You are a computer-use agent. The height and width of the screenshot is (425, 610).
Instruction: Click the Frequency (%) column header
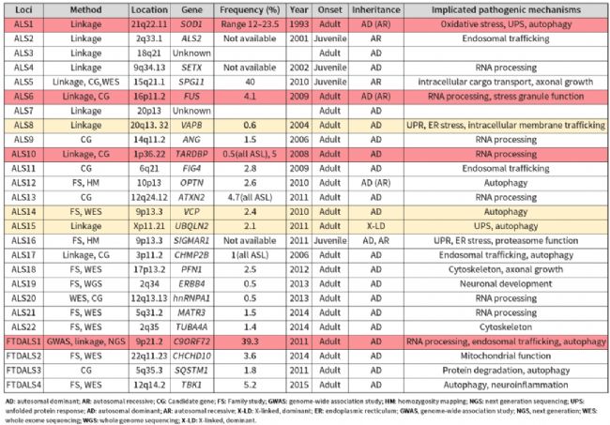pyautogui.click(x=250, y=10)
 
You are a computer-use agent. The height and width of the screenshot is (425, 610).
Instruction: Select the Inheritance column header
pyautogui.click(x=376, y=10)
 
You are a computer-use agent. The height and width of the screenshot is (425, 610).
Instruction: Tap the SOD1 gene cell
pyautogui.click(x=191, y=24)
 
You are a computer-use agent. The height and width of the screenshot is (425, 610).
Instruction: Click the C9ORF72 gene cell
pyautogui.click(x=191, y=342)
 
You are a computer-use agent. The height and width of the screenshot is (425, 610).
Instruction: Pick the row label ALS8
pyautogui.click(x=23, y=125)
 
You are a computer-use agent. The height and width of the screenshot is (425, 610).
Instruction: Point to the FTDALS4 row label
pyautogui.click(x=23, y=385)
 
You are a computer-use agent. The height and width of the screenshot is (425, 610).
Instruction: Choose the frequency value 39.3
pyautogui.click(x=250, y=342)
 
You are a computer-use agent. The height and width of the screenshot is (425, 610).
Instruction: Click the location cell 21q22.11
pyautogui.click(x=149, y=24)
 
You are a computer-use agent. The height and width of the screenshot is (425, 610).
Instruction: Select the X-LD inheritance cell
pyautogui.click(x=376, y=226)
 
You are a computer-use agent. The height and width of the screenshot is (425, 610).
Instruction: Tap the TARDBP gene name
pyautogui.click(x=191, y=155)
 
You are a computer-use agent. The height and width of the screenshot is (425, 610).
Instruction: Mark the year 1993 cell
pyautogui.click(x=298, y=24)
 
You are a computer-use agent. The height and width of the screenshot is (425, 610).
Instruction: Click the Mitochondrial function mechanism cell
pyautogui.click(x=506, y=357)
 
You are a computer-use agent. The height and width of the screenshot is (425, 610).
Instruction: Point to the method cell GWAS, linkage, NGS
pyautogui.click(x=86, y=342)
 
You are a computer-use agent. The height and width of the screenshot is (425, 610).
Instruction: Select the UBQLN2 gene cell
pyautogui.click(x=191, y=226)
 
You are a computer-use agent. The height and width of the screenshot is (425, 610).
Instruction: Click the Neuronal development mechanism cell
pyautogui.click(x=506, y=284)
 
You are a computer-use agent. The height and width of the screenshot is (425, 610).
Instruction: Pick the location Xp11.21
pyautogui.click(x=149, y=226)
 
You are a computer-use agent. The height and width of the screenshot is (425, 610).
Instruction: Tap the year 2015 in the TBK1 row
pyautogui.click(x=298, y=385)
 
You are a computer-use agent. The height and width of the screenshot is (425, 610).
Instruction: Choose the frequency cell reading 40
pyautogui.click(x=250, y=82)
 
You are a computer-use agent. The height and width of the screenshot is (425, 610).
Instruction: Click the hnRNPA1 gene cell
pyautogui.click(x=191, y=298)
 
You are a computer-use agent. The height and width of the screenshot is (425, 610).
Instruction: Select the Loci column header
pyautogui.click(x=23, y=10)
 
